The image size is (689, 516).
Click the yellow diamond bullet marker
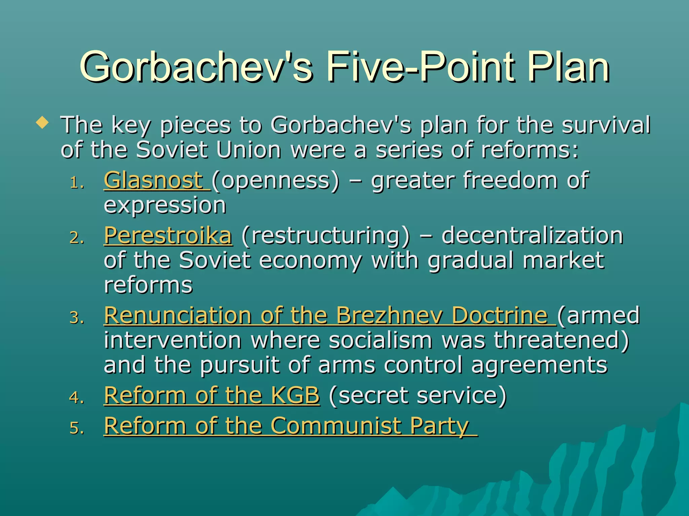[42, 123]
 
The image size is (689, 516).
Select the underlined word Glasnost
[153, 180]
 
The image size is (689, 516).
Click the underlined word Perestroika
[168, 235]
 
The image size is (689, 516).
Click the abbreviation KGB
[295, 395]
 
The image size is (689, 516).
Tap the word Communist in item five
[335, 426]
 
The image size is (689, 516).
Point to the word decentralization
[532, 235]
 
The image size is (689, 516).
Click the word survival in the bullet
[606, 125]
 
